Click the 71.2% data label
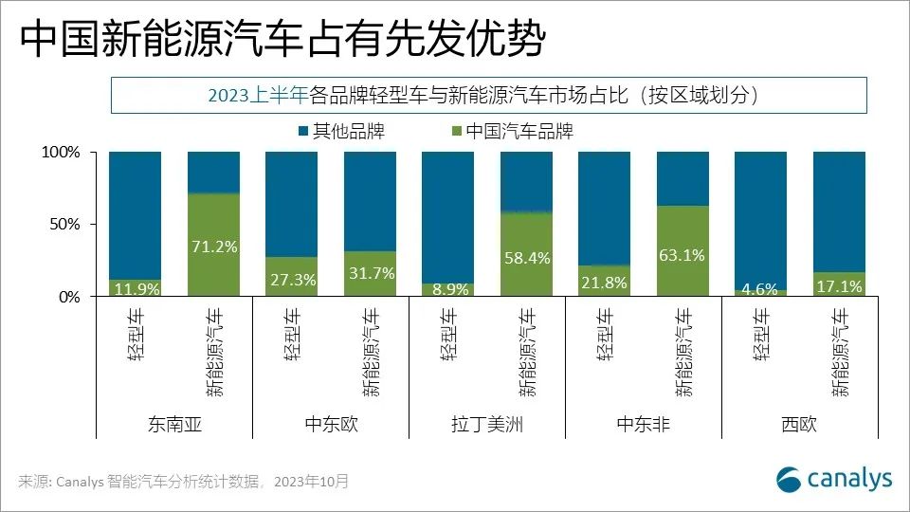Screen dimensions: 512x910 (213, 247)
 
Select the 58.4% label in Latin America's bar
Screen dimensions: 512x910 (526, 258)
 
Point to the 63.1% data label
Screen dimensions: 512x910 (682, 254)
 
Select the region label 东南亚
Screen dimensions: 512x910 (174, 424)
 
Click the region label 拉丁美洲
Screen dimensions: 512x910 (487, 424)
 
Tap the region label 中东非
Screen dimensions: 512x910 (644, 424)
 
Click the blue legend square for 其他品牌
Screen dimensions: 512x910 (303, 131)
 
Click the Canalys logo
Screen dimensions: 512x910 (833, 479)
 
